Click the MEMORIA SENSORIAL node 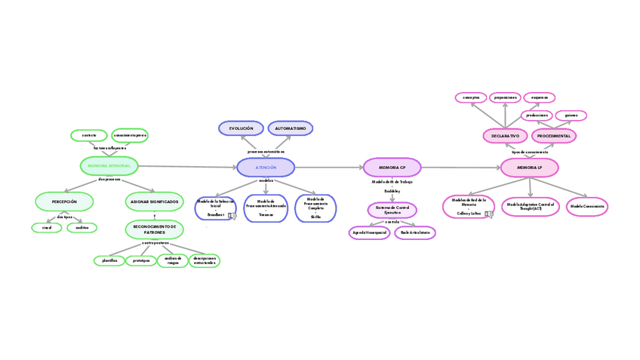point(109,165)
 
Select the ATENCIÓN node point(266,168)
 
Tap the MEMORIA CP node point(392,167)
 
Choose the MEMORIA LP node point(529,167)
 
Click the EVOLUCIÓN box point(241,128)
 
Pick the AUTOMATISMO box point(291,128)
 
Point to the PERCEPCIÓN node point(64,202)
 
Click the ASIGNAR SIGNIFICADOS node point(154,202)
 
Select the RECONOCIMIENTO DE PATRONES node point(154,229)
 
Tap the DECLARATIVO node point(505,136)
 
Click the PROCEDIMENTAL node point(554,136)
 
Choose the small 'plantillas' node point(109,260)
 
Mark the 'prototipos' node point(140,260)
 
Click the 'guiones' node point(571,115)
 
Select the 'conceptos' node point(471,97)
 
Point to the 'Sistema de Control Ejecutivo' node point(392,210)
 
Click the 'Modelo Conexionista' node point(587,206)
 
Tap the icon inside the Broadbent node point(232,216)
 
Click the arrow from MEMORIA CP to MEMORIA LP point(460,168)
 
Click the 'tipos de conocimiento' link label point(529,152)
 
